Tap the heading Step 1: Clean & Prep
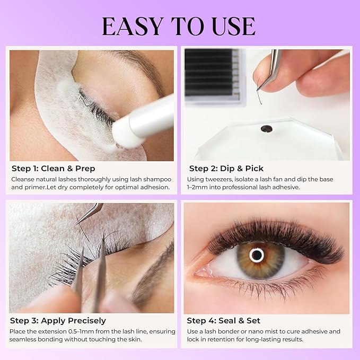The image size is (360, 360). click(53, 169)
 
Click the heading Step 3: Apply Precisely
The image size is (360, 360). click(58, 321)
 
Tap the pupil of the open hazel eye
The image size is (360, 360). click(257, 255)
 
